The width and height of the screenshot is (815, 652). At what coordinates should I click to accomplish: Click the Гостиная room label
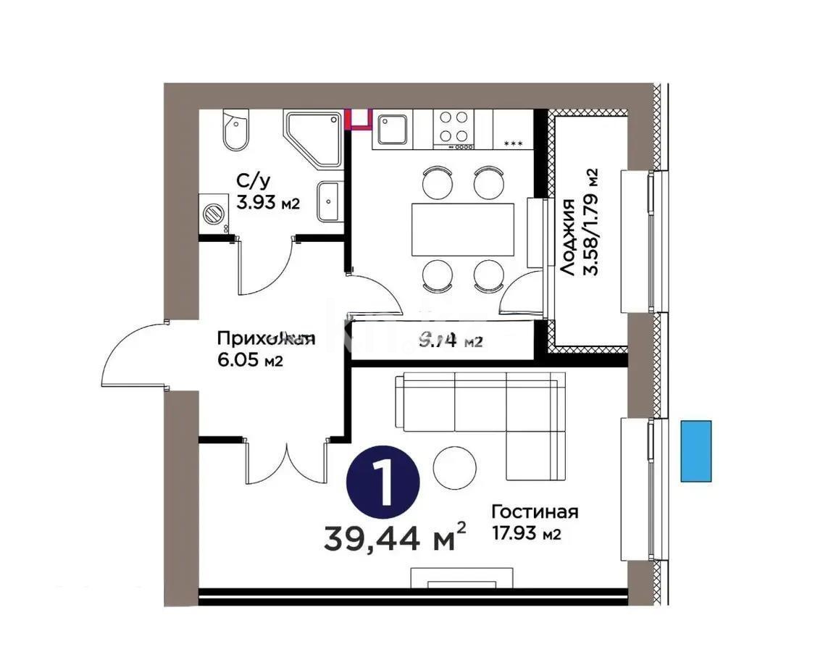point(534,512)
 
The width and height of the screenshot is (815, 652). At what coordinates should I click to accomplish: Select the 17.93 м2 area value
point(527,535)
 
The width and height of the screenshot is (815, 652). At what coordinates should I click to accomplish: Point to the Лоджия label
point(569,237)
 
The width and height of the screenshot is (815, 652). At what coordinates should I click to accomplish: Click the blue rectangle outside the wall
point(696,451)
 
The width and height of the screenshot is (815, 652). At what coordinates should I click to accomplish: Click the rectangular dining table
point(462,230)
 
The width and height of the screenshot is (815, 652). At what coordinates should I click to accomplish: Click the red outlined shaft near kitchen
point(357,119)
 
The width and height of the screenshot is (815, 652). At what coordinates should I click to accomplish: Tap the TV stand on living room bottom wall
point(463,577)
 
